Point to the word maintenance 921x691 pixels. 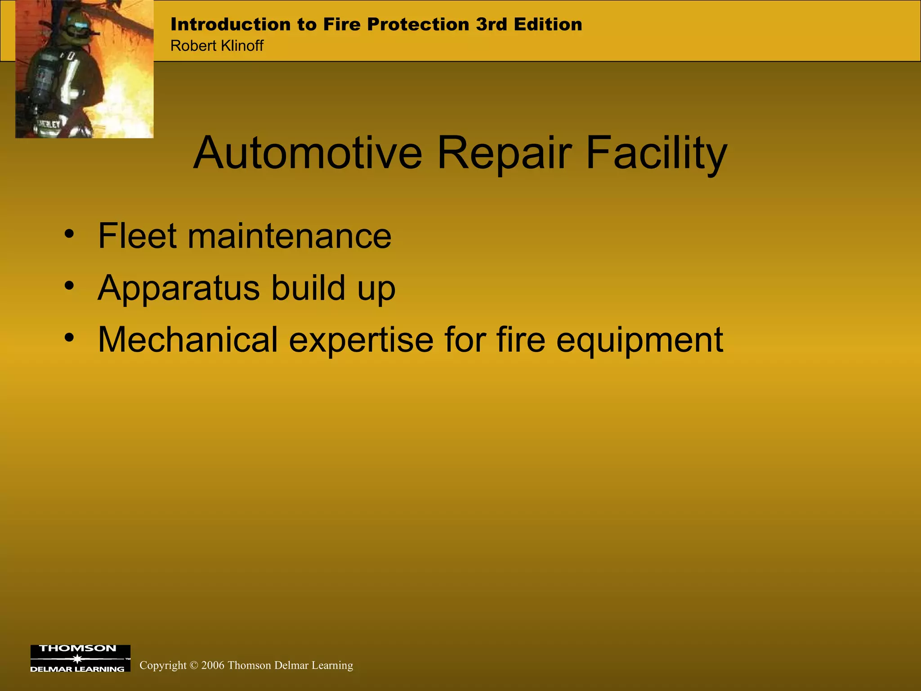(x=289, y=237)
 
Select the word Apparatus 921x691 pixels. (x=179, y=288)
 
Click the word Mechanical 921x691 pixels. (x=188, y=340)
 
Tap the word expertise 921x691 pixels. (x=361, y=341)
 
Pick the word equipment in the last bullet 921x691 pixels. (x=639, y=341)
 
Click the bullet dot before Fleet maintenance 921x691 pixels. (x=68, y=233)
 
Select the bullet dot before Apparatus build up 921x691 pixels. (x=68, y=285)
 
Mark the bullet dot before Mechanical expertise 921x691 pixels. (x=68, y=337)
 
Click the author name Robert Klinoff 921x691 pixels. (x=217, y=46)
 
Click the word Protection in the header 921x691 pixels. (x=418, y=24)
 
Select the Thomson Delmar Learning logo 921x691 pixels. (x=80, y=658)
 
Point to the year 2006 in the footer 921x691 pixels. (x=213, y=665)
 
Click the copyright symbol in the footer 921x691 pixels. (x=194, y=665)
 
